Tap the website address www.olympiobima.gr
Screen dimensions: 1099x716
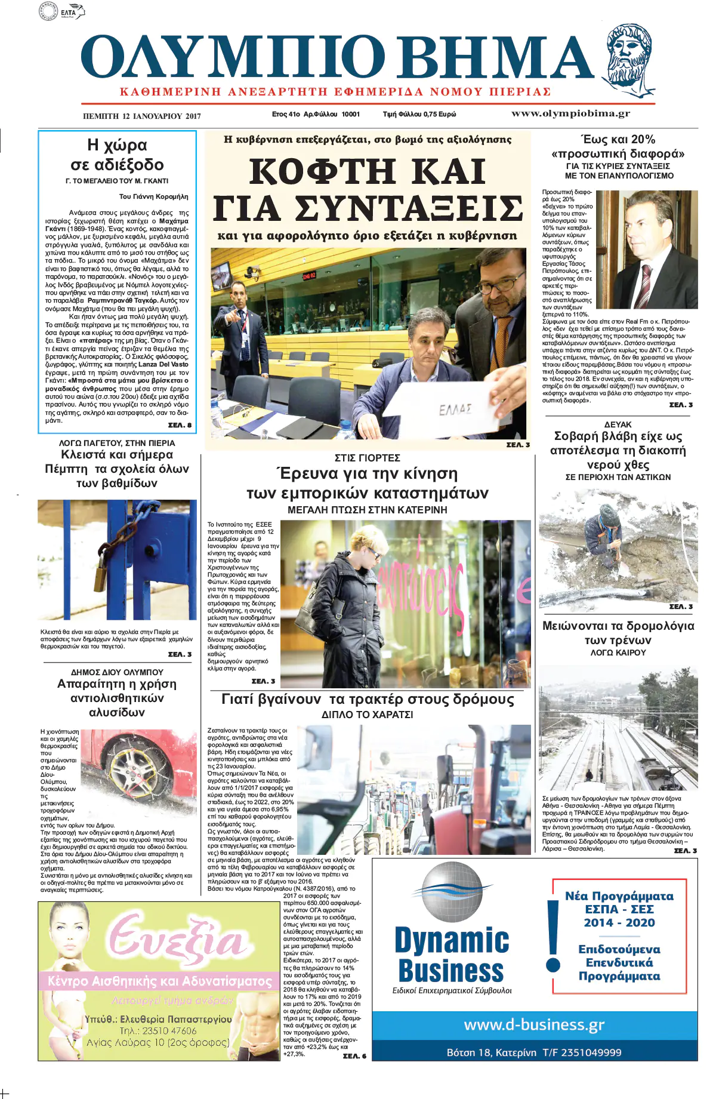click(570, 113)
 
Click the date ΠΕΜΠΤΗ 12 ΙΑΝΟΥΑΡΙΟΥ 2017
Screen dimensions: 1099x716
click(142, 116)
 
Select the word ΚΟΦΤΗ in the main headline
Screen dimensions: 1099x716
click(322, 172)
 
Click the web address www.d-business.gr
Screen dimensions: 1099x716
click(534, 1025)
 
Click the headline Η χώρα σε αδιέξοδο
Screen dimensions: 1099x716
click(117, 155)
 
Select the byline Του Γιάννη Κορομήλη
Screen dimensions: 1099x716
click(153, 196)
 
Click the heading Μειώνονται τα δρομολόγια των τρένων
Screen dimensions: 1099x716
click(618, 633)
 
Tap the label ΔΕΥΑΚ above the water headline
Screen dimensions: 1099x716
click(618, 424)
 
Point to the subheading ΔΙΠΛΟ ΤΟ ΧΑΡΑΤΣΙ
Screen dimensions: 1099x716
click(367, 715)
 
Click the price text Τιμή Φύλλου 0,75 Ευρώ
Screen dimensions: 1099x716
click(419, 114)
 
